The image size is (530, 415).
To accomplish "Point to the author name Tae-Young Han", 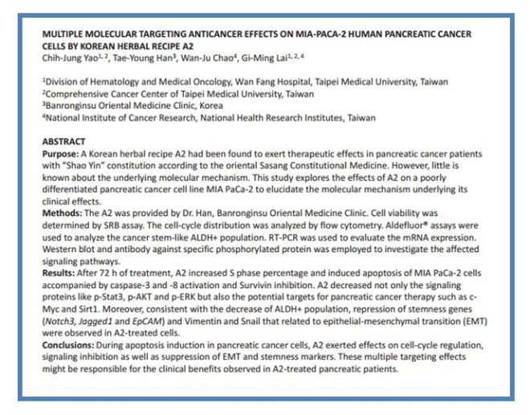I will click(140, 57).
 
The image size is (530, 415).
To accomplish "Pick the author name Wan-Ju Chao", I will click(210, 57).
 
